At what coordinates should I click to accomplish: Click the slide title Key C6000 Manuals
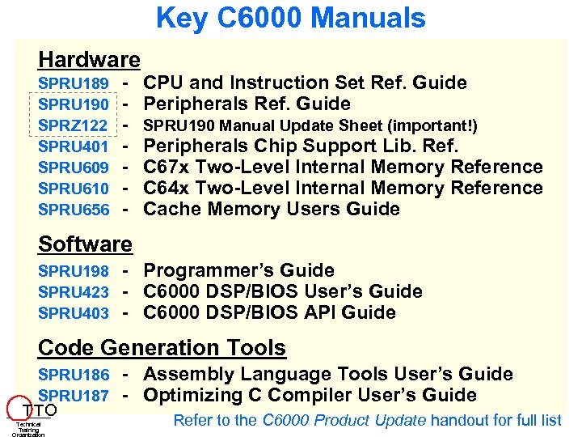290,18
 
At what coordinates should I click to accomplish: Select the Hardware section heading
90,60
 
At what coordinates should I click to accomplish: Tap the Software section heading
85,244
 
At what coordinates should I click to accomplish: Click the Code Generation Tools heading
162,348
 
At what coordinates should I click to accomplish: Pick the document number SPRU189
74,84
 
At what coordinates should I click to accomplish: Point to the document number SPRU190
74,105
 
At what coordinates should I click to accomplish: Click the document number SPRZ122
74,126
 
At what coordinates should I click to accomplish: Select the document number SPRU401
74,147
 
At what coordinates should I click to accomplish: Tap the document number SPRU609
74,168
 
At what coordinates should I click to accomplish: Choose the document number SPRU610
74,189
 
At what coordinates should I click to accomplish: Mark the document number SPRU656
74,210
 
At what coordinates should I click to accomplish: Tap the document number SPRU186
74,375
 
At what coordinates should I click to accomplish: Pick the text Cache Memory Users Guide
272,210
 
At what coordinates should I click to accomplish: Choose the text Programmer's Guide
238,271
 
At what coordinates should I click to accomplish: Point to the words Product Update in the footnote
381,420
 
